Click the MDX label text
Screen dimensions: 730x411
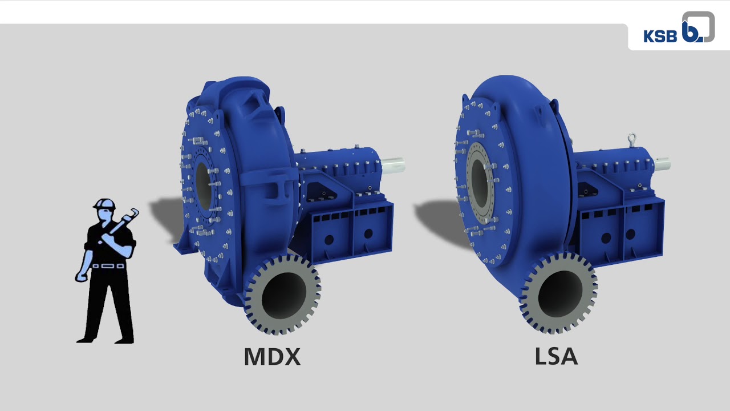(272, 357)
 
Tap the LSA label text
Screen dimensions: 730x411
(556, 357)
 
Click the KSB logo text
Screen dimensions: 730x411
(660, 36)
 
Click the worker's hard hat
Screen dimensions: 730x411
(104, 204)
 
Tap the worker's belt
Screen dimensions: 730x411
(108, 266)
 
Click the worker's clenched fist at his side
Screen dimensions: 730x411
(81, 277)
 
